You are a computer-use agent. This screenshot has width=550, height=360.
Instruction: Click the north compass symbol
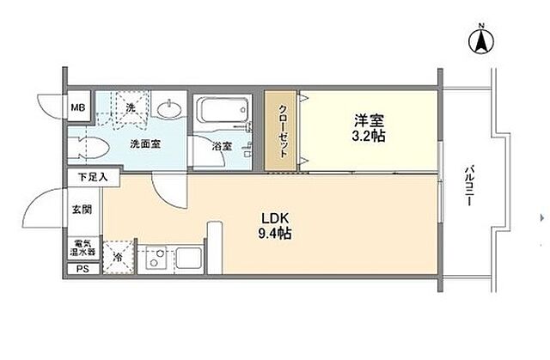pyautogui.click(x=481, y=40)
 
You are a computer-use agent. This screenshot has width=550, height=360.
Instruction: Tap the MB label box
pyautogui.click(x=78, y=107)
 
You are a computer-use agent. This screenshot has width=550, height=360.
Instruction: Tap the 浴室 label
pyautogui.click(x=222, y=146)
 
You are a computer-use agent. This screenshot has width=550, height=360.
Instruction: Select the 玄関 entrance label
pyautogui.click(x=82, y=210)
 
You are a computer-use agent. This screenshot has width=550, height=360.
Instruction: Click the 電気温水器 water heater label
pyautogui.click(x=82, y=247)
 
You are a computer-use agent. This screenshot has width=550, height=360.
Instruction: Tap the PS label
pyautogui.click(x=82, y=269)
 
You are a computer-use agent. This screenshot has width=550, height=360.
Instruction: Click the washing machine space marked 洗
pyautogui.click(x=131, y=107)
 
